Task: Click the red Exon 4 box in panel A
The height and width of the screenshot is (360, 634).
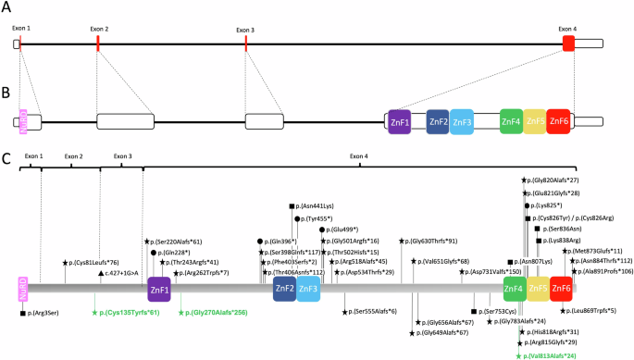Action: point(567,43)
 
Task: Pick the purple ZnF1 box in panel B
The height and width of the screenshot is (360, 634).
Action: point(400,121)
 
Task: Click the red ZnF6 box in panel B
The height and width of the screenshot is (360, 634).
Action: point(558,121)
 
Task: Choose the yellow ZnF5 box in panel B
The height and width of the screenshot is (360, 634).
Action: point(535,121)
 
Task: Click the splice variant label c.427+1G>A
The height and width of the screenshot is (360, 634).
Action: point(127,274)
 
